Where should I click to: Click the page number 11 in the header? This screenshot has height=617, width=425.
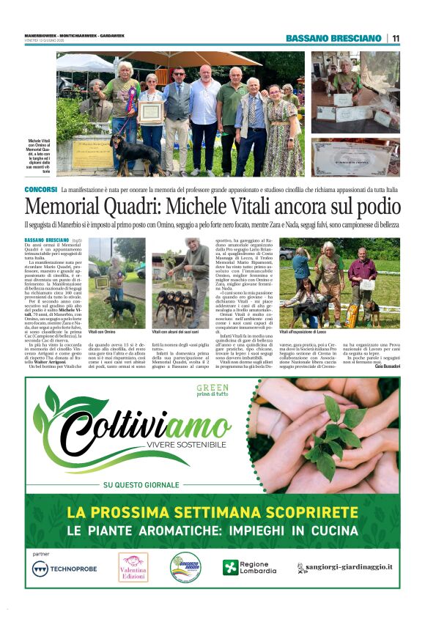396,38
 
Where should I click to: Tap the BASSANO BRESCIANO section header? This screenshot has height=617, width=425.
333,38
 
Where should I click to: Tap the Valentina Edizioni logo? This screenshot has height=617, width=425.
133,566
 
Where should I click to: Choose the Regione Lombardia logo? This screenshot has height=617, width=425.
251,568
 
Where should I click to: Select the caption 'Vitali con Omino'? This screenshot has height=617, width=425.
101,332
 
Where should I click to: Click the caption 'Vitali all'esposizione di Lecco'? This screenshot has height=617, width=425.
311,332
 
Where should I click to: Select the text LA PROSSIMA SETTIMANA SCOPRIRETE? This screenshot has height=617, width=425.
212,512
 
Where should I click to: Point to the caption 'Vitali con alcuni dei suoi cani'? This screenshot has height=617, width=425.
175,332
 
